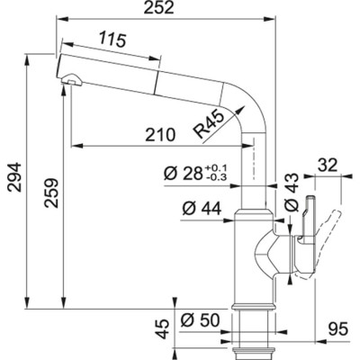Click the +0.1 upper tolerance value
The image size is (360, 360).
tap(219, 167)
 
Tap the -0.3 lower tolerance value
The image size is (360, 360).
tap(219, 177)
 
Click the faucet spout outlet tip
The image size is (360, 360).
tap(66, 84)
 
